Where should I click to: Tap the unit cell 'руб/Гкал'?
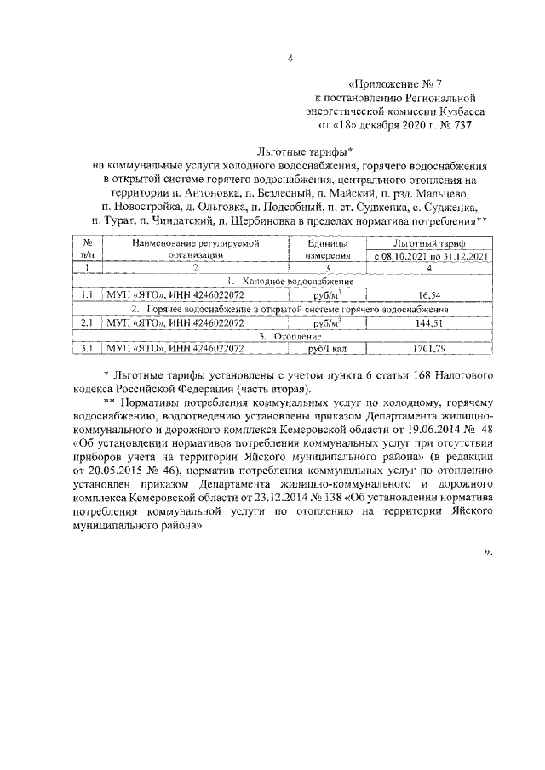pyautogui.click(x=324, y=349)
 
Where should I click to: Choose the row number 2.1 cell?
pyautogui.click(x=86, y=324)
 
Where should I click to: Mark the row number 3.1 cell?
pyautogui.click(x=86, y=349)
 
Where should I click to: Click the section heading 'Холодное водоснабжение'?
pyautogui.click(x=298, y=281)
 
